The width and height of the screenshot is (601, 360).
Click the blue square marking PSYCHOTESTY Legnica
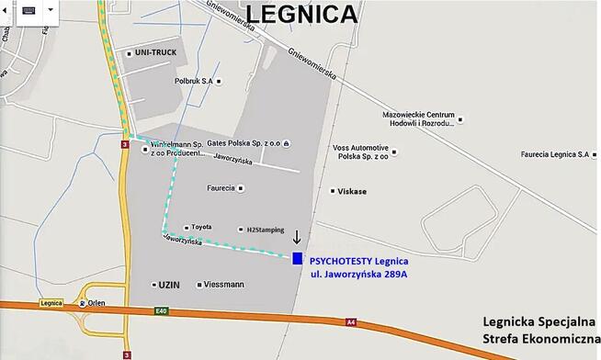(x=297, y=259)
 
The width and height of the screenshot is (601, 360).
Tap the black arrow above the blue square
(x=296, y=238)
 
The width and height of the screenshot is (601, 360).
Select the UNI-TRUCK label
(x=155, y=52)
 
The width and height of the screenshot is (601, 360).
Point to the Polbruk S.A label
(x=193, y=81)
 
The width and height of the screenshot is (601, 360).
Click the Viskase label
(x=352, y=191)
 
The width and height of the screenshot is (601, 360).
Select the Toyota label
(x=201, y=227)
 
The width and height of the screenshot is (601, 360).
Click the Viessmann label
(x=224, y=285)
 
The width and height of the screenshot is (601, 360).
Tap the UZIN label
(x=169, y=285)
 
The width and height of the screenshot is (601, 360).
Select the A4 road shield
(x=350, y=321)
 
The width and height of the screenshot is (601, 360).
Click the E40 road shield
(x=162, y=311)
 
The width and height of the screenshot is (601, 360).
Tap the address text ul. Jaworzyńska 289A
(x=358, y=274)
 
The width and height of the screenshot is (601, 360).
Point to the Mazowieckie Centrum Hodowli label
(x=418, y=118)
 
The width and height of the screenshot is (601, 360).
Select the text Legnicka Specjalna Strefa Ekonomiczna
(x=539, y=332)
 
